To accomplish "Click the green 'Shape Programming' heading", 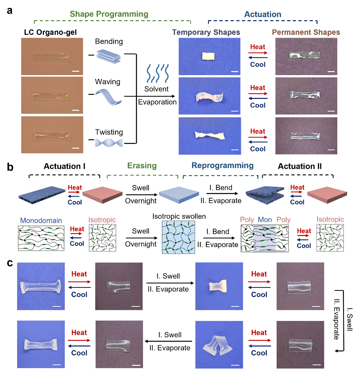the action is coord(109,14).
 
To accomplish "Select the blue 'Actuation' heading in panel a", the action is coord(262,14).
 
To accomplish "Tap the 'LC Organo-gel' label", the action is coord(50,32).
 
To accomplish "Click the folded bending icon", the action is coord(109,56).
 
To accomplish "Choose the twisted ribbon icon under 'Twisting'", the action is coord(109,143).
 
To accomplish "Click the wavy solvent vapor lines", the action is coord(157,73).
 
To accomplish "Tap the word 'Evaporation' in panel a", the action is coord(157,102).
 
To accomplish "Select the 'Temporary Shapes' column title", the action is coord(206,32).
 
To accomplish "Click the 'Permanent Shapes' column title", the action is coord(306,32).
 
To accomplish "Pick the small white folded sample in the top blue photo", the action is coord(208,57).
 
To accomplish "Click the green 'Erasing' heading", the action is coord(142,165).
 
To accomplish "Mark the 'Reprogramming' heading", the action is coord(223,165).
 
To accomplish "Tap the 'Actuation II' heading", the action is coord(300,166).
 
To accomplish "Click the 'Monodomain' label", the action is coord(41,221).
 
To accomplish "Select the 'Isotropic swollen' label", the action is coord(179,216).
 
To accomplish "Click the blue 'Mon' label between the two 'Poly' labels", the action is coord(265,219).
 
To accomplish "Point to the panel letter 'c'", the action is coord(10,263).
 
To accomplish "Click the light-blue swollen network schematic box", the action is coord(179,237).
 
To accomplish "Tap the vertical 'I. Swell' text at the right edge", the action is coord(349,319).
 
